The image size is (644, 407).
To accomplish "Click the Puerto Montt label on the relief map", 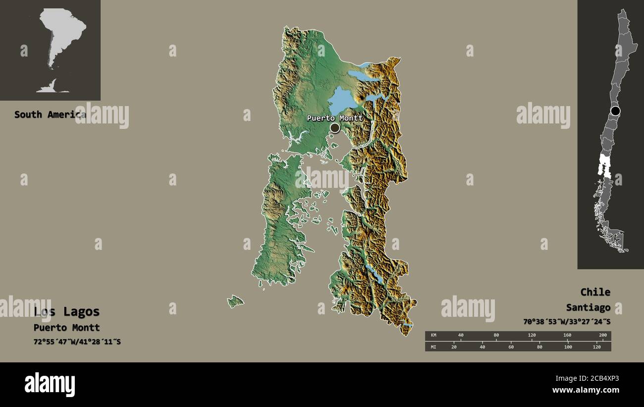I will click(335, 118).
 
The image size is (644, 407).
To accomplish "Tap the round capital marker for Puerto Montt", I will click(335, 128).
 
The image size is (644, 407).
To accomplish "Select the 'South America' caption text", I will click(50, 115).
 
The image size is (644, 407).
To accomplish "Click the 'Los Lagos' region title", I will click(67, 312).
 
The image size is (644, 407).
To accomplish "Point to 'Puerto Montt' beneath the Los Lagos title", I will click(67, 328).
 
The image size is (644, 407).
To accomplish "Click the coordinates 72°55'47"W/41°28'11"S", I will click(77, 342).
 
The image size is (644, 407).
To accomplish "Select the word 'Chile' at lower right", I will click(595, 292).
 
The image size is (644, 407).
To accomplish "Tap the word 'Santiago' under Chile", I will click(589, 308).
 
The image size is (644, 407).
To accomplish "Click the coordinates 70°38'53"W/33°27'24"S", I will click(567, 322).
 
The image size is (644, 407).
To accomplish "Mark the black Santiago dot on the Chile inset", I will click(615, 111).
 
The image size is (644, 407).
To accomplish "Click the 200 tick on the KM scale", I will click(603, 336).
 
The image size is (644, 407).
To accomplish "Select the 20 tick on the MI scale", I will click(454, 347).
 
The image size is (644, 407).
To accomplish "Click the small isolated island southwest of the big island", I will click(235, 301).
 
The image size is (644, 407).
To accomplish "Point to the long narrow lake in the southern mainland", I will click(374, 273).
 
